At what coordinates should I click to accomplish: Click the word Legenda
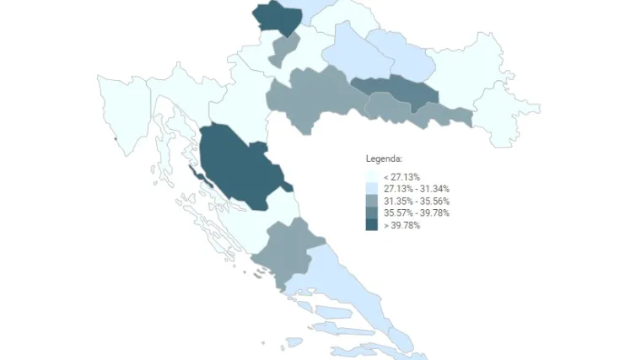coord(384,159)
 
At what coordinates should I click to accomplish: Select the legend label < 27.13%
coord(401,177)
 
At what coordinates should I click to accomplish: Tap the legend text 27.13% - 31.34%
coord(416,189)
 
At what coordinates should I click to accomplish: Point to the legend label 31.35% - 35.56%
coord(416,201)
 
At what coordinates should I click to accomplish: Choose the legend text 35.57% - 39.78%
coord(416,212)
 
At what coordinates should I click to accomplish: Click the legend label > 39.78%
coord(401,225)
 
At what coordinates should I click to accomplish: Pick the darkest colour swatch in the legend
coord(371,225)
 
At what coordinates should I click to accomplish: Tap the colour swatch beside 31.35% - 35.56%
coord(371,201)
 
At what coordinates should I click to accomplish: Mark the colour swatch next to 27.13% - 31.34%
coord(371,189)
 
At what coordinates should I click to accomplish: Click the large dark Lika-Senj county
coord(240,164)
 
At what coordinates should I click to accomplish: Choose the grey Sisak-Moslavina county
coord(312,97)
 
